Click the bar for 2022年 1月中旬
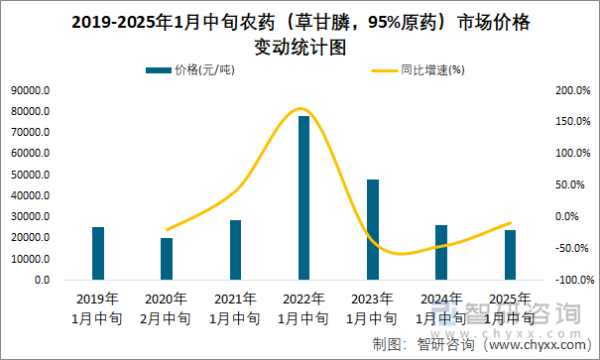pos(303,197)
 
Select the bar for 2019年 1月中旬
pos(98,253)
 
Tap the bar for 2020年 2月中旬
pos(167,258)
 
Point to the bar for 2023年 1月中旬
pos(373,229)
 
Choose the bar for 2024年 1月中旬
pos(441,252)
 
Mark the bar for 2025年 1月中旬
pos(510,255)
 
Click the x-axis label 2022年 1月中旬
pos(303,308)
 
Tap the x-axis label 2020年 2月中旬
pos(167,308)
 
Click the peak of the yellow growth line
pos(300,109)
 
